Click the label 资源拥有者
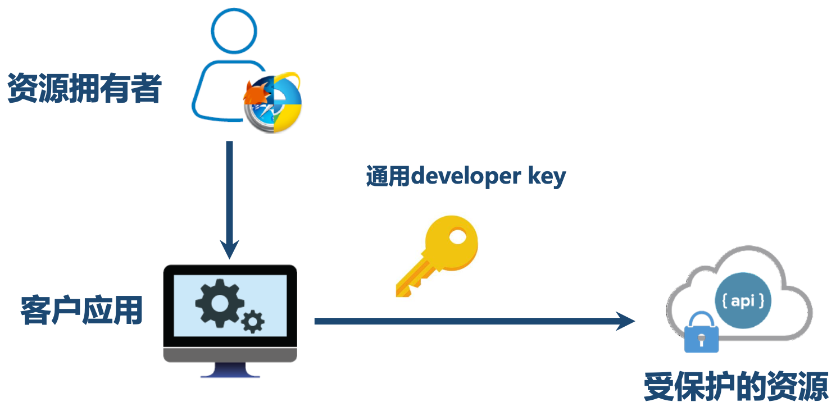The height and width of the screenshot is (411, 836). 84,89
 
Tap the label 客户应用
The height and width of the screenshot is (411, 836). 81,310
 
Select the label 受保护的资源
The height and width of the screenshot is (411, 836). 736,386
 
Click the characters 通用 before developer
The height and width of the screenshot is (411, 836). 388,176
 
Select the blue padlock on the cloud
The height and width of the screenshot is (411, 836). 701,334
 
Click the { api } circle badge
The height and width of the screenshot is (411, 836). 743,302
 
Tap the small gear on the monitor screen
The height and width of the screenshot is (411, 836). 253,322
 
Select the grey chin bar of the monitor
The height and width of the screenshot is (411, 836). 230,354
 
